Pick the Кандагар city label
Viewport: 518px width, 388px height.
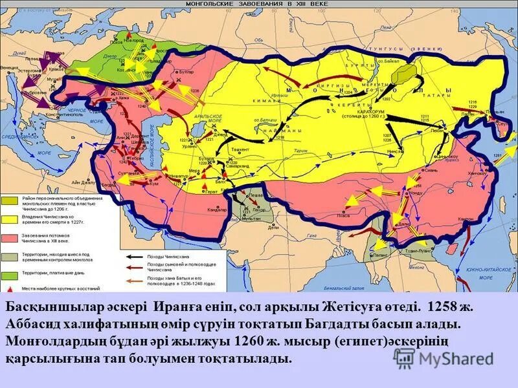(x=217, y=210)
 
